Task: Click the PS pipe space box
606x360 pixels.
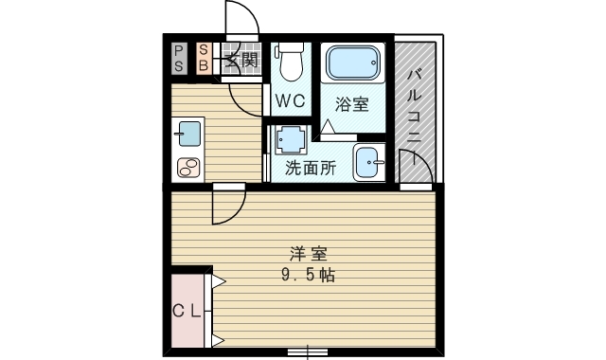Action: (x=180, y=58)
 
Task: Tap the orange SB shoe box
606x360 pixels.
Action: (x=204, y=58)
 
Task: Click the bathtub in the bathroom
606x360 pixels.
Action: (x=353, y=64)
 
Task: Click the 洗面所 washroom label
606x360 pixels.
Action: (x=311, y=170)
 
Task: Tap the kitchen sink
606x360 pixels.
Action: (x=187, y=134)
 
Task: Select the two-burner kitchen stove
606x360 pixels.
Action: (x=187, y=168)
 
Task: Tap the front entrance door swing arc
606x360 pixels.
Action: (x=244, y=21)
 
